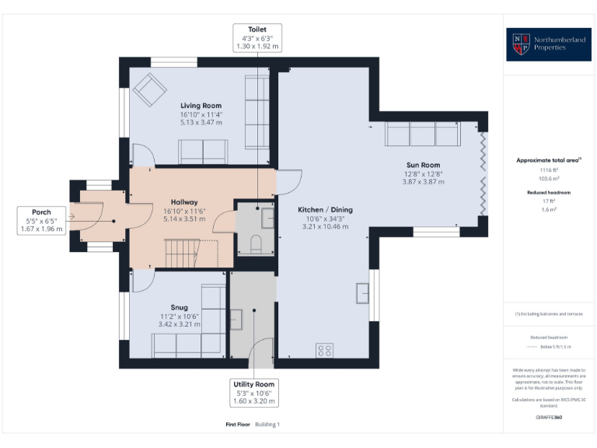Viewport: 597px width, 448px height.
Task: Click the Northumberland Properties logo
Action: tap(550, 44)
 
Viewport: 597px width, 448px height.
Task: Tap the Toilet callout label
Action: tap(257, 37)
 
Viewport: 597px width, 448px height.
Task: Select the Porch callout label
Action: tap(41, 221)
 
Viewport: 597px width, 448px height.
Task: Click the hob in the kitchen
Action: tap(324, 350)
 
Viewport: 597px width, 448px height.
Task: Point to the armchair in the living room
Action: tap(149, 91)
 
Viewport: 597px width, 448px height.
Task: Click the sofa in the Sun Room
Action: tap(422, 134)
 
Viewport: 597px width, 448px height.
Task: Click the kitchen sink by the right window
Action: tap(362, 294)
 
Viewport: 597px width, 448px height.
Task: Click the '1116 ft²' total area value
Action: tap(549, 170)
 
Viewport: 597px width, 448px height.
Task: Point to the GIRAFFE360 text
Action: tap(549, 418)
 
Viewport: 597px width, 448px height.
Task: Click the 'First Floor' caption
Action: tap(236, 425)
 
